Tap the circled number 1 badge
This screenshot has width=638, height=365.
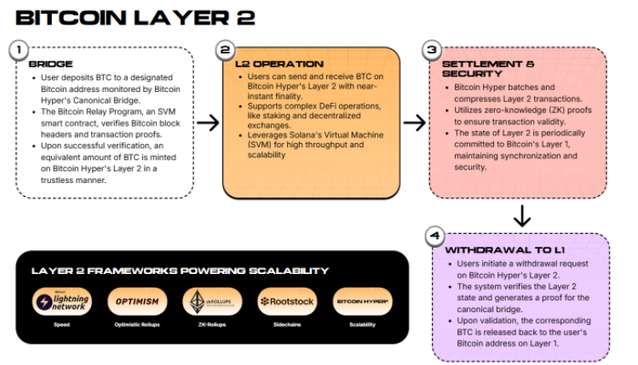18,50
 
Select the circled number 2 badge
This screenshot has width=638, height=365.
225,50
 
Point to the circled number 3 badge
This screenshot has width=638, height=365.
432,50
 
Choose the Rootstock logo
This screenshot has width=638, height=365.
287,302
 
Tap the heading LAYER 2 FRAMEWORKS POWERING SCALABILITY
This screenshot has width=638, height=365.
180,271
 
